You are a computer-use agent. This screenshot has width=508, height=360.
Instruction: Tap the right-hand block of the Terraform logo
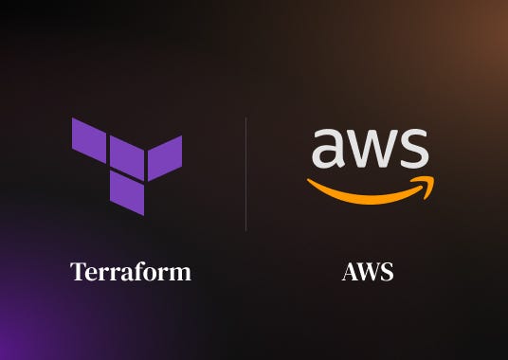click(164, 157)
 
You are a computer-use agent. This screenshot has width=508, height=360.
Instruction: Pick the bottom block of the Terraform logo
click(127, 194)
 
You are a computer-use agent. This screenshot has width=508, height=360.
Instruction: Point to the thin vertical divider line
click(246, 174)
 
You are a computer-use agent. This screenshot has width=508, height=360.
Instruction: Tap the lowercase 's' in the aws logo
click(413, 149)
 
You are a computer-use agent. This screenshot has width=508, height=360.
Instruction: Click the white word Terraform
click(131, 273)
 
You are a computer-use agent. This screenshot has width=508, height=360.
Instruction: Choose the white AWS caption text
click(368, 273)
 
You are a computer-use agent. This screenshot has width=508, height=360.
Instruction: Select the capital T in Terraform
click(78, 273)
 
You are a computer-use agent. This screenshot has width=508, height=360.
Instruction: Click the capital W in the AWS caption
click(369, 273)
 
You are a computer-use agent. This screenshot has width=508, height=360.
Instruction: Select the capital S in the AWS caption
click(386, 273)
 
